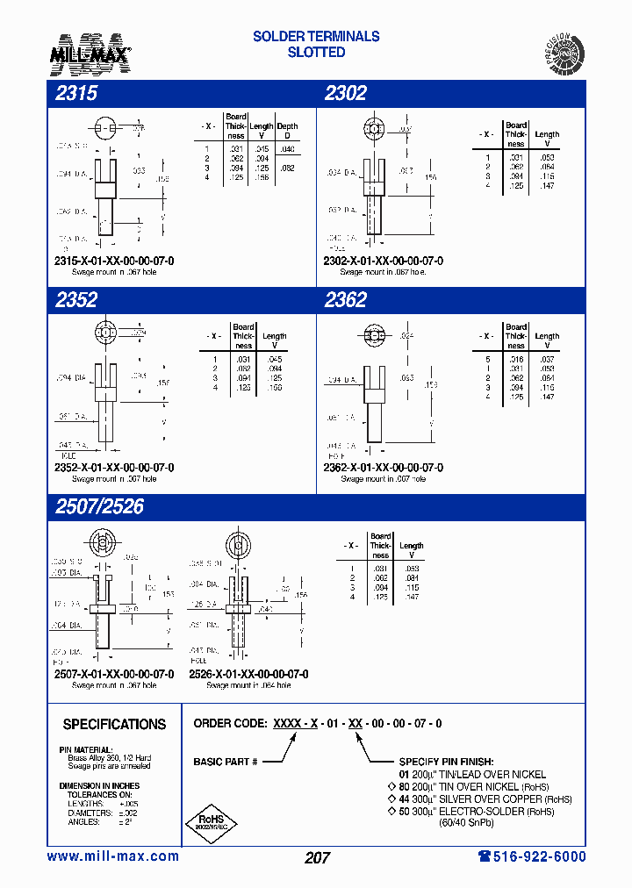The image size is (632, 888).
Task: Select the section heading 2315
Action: (76, 93)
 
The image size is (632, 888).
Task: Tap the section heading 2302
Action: (345, 93)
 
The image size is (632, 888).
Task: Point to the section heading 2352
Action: (76, 300)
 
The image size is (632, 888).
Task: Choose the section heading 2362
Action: (345, 300)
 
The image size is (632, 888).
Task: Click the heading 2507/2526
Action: (99, 507)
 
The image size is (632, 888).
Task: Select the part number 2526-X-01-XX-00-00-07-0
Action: (248, 674)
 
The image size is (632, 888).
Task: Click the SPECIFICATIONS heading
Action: (114, 724)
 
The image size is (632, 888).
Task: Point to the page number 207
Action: (317, 857)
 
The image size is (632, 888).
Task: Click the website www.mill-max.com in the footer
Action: (112, 856)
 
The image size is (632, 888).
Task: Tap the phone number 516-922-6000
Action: (532, 856)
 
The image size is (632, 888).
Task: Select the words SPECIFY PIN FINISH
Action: (446, 762)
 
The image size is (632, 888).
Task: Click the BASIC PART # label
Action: (226, 762)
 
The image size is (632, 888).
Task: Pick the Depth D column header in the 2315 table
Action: (287, 131)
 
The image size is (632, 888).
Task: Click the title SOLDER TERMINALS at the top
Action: (316, 36)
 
